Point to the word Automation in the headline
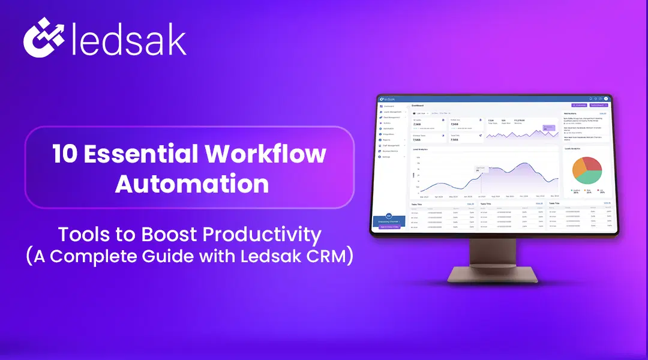coord(192,183)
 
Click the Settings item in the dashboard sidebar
coord(387,157)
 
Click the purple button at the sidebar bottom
coord(389,227)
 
